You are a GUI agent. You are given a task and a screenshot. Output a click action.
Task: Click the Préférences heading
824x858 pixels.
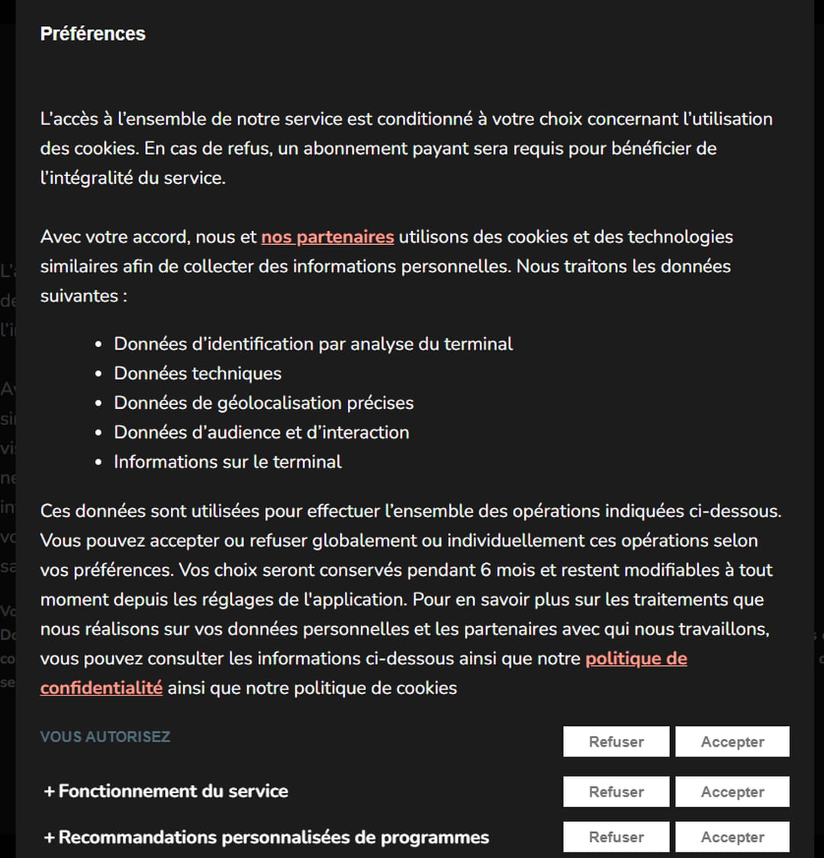(92, 34)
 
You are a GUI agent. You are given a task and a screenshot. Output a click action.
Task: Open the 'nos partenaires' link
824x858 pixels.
(327, 237)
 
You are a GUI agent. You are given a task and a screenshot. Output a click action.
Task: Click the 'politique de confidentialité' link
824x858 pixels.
(636, 659)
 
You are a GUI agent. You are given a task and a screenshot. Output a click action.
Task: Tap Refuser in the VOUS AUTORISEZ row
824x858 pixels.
(616, 742)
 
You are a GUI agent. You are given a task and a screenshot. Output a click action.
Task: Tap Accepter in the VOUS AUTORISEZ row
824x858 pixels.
(732, 742)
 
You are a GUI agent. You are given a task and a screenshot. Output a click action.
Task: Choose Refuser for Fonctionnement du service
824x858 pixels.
(616, 792)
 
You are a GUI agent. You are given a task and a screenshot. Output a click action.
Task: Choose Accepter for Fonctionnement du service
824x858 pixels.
(732, 792)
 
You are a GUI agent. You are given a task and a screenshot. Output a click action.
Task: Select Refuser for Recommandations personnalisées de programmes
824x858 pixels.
(616, 837)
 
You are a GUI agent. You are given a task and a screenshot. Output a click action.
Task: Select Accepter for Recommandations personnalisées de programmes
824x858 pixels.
(732, 837)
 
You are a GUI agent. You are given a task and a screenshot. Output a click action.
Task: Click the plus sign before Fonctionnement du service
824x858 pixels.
(50, 792)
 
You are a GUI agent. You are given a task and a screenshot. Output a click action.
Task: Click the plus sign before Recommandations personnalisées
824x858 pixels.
(50, 837)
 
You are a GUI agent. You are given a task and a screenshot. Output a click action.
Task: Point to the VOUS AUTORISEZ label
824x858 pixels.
(105, 737)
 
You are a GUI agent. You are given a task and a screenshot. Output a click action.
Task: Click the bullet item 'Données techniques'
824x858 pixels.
(198, 374)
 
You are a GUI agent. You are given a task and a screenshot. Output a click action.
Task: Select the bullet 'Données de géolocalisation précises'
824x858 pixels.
(263, 403)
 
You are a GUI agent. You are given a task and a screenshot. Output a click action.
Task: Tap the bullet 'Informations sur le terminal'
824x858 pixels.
(227, 461)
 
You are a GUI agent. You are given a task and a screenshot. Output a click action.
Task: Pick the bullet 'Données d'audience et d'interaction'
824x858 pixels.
(261, 432)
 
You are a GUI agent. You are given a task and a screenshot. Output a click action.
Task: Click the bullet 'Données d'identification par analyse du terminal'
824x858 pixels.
(313, 344)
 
